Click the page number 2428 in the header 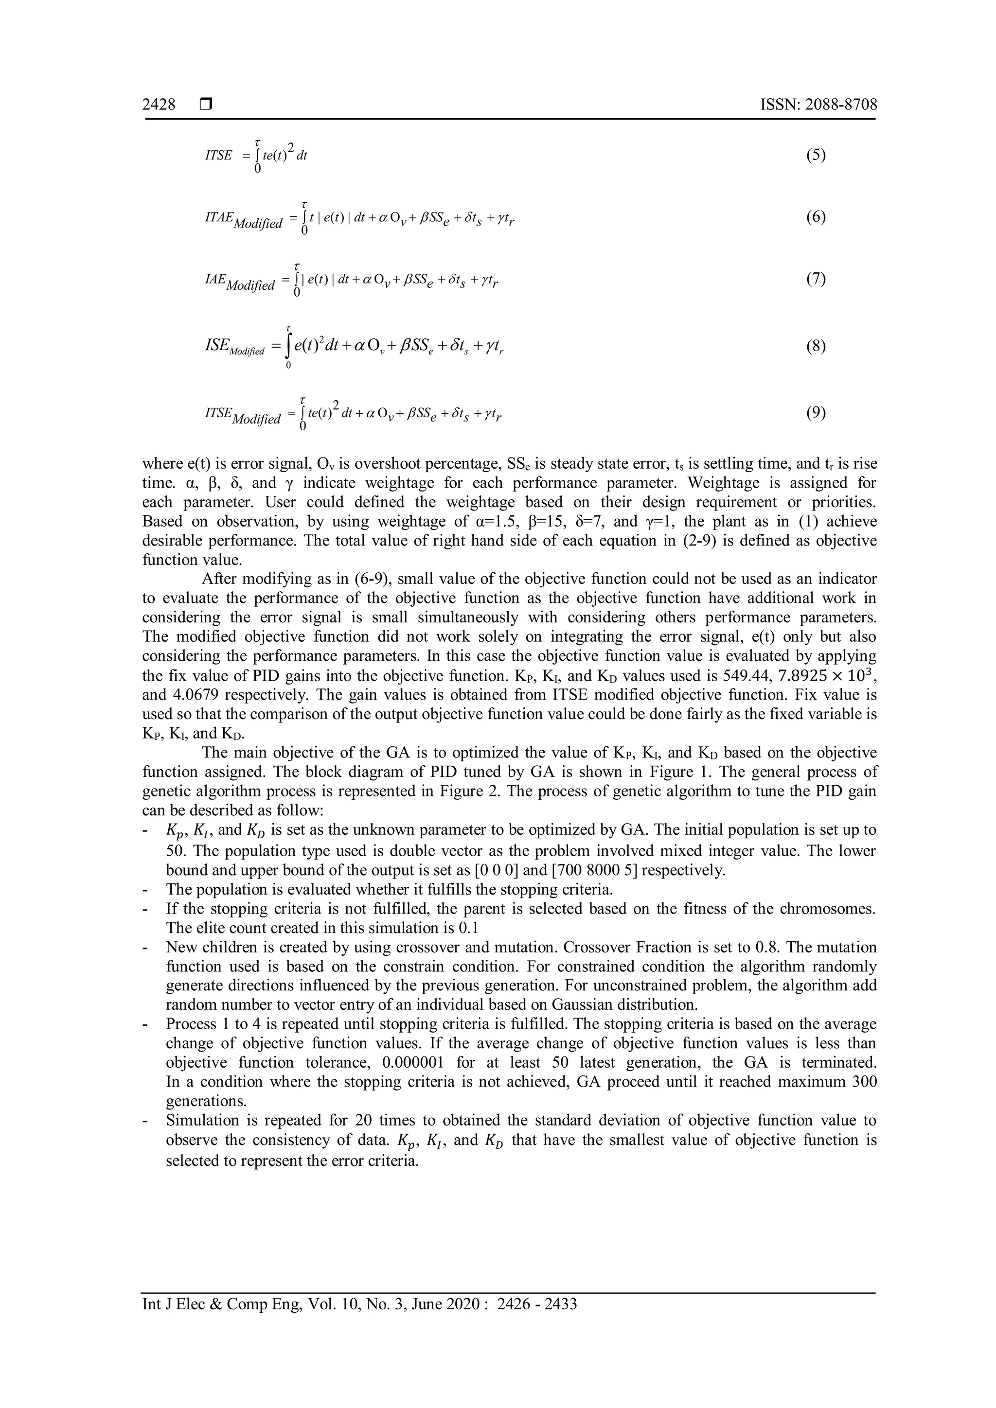coord(159,105)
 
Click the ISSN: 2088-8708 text coord(818,105)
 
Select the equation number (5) coord(816,155)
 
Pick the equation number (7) coord(816,279)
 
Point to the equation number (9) coord(816,413)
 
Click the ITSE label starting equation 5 coord(218,156)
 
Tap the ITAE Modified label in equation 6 coord(243,220)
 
